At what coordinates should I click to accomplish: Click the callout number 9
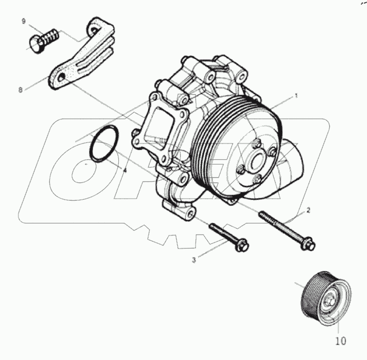click(24, 22)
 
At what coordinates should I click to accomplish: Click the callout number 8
click(21, 89)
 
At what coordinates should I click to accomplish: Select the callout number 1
click(296, 96)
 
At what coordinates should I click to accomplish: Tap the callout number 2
click(308, 210)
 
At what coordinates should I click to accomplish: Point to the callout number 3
click(194, 260)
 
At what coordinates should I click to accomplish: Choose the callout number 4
click(125, 170)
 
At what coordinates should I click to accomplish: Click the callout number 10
click(341, 341)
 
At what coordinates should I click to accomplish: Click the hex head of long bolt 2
click(309, 244)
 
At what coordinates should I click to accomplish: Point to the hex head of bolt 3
click(242, 245)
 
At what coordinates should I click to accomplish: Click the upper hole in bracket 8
click(94, 30)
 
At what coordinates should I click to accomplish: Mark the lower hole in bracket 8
click(62, 77)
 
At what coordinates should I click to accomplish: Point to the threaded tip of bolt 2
click(261, 213)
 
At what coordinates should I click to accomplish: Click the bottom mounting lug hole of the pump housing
click(191, 213)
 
